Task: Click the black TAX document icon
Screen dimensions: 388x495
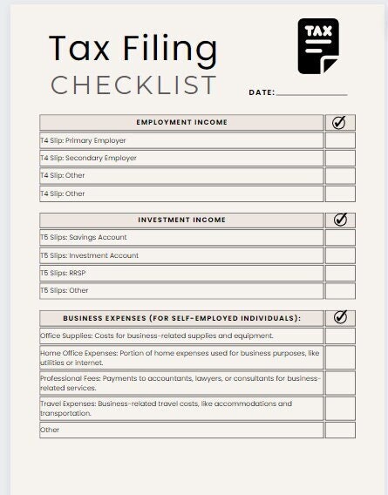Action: (318, 45)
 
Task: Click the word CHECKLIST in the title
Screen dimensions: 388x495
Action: (133, 85)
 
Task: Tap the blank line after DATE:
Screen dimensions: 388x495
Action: (311, 92)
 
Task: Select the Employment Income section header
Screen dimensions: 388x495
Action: (181, 122)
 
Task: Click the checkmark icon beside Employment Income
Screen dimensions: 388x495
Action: (340, 122)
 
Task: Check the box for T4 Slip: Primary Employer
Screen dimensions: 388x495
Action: (340, 140)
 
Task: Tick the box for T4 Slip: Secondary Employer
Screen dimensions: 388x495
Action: (340, 158)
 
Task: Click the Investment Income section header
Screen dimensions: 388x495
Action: (181, 220)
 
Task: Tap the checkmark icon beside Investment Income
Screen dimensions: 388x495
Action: (340, 220)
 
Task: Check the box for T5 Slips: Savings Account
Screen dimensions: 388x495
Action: (340, 238)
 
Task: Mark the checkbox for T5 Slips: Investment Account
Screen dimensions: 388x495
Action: (340, 255)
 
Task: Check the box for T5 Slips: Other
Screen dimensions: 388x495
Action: (340, 290)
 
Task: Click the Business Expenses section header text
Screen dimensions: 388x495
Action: (181, 318)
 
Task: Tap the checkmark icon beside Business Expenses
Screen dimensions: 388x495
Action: (340, 318)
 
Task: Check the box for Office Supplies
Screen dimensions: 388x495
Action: (340, 336)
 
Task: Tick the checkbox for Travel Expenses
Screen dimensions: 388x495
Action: (340, 408)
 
